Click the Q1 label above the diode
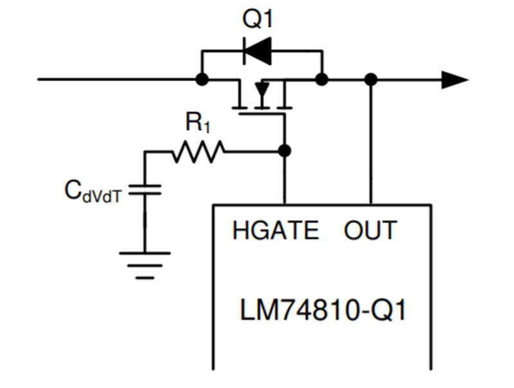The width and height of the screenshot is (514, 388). (x=258, y=20)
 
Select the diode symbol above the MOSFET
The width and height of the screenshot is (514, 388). (x=257, y=52)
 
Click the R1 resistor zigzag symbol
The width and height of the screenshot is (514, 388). (x=198, y=152)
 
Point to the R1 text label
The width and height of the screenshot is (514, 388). (x=198, y=123)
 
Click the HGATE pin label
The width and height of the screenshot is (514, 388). (x=276, y=231)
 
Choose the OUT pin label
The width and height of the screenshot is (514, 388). (x=370, y=231)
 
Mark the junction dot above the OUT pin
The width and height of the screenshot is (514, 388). (x=370, y=80)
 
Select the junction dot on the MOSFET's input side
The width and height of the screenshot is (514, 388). (x=202, y=80)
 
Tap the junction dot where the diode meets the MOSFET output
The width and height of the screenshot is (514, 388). (x=322, y=80)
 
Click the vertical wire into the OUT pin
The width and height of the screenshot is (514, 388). (x=370, y=141)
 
